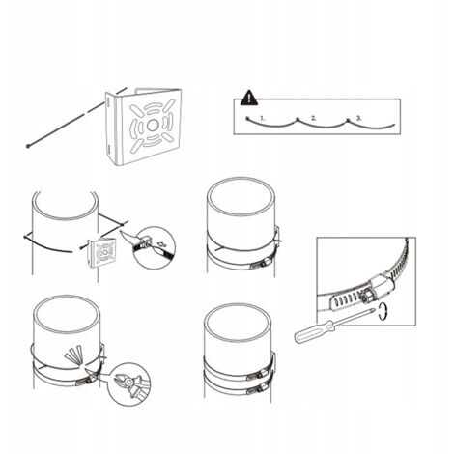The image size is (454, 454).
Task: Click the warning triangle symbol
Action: pyautogui.click(x=249, y=98)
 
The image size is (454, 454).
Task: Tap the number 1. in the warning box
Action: pyautogui.click(x=263, y=118)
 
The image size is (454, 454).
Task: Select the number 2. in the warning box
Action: pyautogui.click(x=313, y=118)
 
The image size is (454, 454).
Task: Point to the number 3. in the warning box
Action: pyautogui.click(x=358, y=118)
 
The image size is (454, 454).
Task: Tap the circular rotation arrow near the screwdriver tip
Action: pyautogui.click(x=383, y=312)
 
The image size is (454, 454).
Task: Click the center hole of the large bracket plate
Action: pyautogui.click(x=152, y=126)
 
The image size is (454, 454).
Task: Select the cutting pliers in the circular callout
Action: pyautogui.click(x=130, y=384)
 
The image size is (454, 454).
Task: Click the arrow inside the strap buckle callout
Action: pyautogui.click(x=162, y=244)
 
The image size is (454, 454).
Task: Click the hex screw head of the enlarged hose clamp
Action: pyautogui.click(x=366, y=295)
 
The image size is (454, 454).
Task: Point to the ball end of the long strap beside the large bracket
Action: pyautogui.click(x=28, y=147)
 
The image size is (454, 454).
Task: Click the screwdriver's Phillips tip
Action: pyautogui.click(x=373, y=310)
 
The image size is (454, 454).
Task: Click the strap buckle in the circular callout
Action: pyautogui.click(x=145, y=241)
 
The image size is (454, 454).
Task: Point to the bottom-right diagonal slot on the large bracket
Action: pyautogui.click(x=168, y=138)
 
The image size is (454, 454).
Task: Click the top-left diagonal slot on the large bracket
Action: pyautogui.click(x=136, y=110)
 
